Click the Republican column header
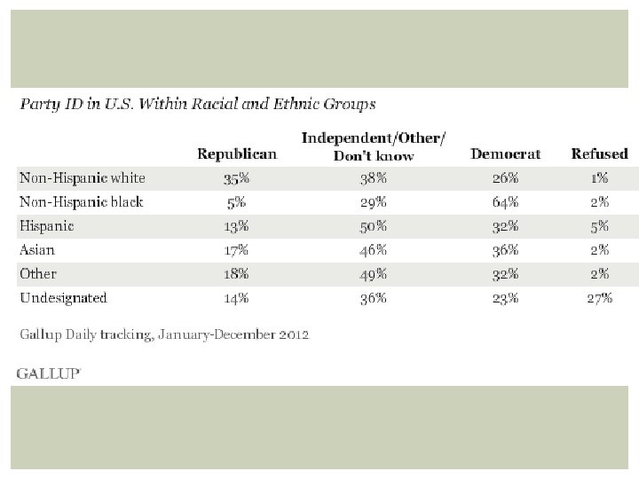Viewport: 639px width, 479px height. click(237, 154)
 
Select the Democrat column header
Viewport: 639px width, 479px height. click(505, 154)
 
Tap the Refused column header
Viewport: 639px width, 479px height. click(599, 154)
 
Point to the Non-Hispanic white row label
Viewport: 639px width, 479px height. click(83, 178)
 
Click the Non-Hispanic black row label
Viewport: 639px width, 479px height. click(82, 202)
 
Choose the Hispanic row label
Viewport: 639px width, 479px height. click(47, 226)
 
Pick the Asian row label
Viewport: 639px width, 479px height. click(37, 249)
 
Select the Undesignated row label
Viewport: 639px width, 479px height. click(63, 298)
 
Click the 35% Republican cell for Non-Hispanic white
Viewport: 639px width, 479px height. click(236, 178)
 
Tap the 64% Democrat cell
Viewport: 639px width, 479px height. click(505, 202)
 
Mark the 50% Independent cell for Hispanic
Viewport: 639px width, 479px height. click(374, 226)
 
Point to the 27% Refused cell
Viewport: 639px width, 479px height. click(599, 299)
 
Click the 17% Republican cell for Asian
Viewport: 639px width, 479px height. click(236, 250)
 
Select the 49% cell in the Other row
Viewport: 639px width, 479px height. click(374, 274)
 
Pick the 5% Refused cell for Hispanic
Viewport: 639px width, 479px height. click(599, 226)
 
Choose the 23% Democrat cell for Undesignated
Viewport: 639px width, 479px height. click(505, 299)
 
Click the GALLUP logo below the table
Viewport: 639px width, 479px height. click(49, 373)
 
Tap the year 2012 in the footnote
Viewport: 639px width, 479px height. click(294, 334)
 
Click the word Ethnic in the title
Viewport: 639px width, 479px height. click(296, 104)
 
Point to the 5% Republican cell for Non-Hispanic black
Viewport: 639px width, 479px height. click(236, 202)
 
